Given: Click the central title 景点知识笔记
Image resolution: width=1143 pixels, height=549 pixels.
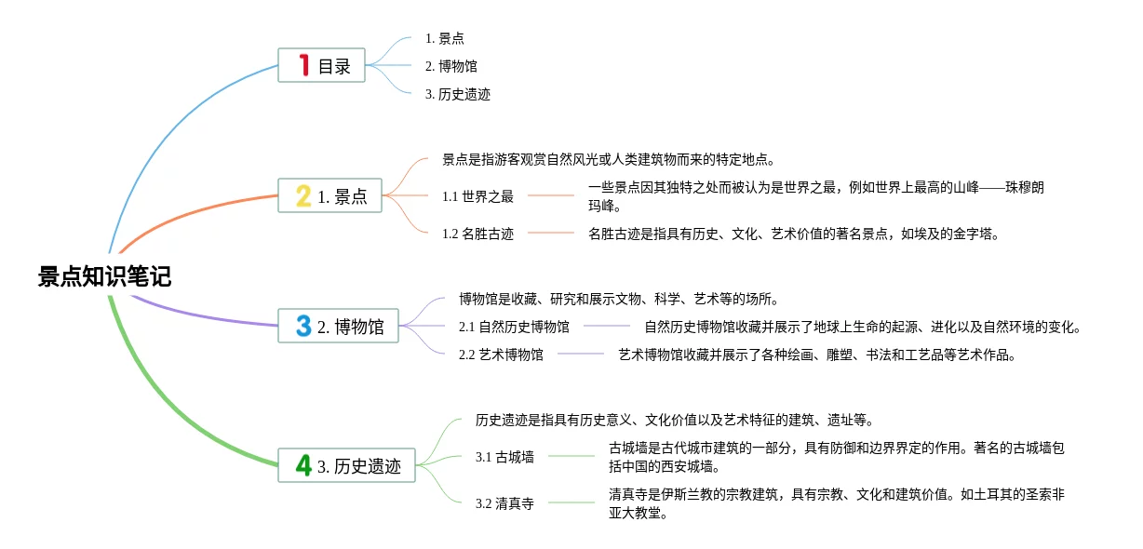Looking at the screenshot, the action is tap(104, 276).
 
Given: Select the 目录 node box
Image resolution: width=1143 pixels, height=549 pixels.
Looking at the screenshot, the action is tap(321, 65).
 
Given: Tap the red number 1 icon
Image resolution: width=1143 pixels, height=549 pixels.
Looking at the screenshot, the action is tap(303, 65).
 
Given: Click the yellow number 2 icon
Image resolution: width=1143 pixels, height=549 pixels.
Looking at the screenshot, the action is tap(303, 195).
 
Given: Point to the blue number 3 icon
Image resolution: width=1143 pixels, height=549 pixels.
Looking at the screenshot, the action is tap(303, 326).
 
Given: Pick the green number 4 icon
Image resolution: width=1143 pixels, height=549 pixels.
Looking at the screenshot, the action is tap(303, 465).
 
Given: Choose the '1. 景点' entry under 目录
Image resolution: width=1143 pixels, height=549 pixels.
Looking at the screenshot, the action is tap(444, 38).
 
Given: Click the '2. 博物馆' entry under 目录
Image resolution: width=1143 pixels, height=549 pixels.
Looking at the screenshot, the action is tap(451, 66).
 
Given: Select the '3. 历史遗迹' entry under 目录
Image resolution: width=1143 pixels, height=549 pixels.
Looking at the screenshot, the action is tap(457, 94).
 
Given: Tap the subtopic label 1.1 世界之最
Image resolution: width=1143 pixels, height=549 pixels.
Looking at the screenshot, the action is tap(477, 196).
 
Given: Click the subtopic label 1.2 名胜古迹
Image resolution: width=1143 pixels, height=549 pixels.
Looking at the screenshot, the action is tap(477, 234).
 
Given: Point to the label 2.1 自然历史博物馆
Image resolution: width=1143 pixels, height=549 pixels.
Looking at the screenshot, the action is tap(514, 327).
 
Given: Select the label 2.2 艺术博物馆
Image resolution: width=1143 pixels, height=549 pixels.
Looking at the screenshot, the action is tap(501, 355).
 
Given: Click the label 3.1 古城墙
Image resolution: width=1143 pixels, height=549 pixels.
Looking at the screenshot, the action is tap(504, 457).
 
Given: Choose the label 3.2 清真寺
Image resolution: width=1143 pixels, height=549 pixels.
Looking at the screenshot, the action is tap(504, 503).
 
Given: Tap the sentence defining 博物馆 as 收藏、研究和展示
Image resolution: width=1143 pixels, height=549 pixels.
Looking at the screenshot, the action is tap(618, 299).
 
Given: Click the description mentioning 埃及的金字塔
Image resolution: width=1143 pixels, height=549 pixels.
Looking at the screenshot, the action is tap(793, 234).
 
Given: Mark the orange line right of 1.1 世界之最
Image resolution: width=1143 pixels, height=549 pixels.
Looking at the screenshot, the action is tap(551, 196).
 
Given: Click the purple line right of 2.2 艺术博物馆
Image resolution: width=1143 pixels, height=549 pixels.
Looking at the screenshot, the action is tap(581, 355).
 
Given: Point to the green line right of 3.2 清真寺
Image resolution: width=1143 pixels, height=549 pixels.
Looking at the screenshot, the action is tap(571, 503).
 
